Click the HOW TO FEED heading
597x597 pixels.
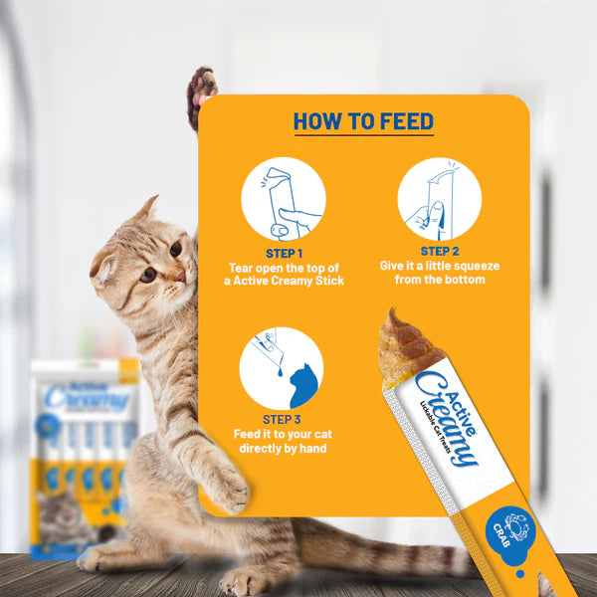pos(363,122)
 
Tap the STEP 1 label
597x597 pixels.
pos(283,253)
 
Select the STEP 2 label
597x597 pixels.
pos(439,252)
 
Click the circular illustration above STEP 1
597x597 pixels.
pos(283,199)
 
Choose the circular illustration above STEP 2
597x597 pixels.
pos(439,198)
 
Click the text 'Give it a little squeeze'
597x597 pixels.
pos(439,266)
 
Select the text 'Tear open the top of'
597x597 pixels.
pos(283,267)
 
